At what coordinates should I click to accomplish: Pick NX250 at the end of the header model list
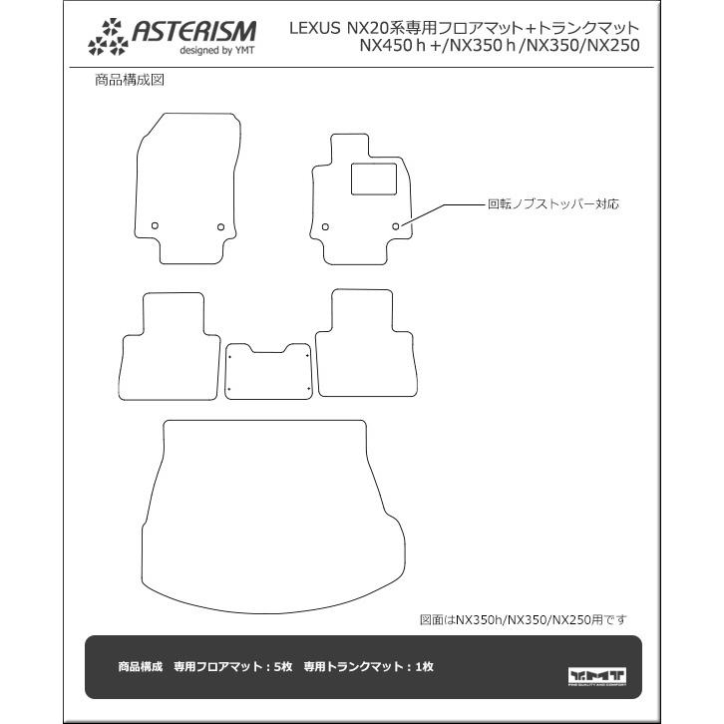[608, 46]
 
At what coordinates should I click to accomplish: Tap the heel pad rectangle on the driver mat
[368, 180]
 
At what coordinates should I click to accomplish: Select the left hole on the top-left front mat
[155, 226]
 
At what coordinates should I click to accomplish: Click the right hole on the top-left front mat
[220, 227]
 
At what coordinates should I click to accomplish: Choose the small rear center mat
[268, 371]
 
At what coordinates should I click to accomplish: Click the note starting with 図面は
[523, 619]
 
